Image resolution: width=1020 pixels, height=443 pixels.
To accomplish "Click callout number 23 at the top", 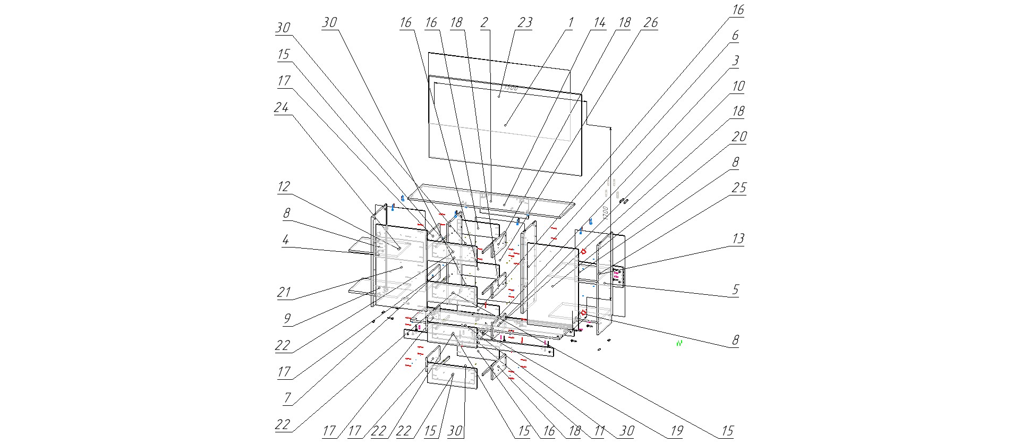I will [525, 22].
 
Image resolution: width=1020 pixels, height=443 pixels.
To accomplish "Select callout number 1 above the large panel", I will [571, 22].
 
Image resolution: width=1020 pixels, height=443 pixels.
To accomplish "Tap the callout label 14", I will [599, 22].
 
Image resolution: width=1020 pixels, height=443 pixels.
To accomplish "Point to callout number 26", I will [650, 22].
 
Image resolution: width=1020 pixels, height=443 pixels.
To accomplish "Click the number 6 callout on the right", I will [735, 36].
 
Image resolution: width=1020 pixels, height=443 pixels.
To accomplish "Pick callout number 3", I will [735, 61].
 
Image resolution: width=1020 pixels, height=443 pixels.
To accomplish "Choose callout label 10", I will [738, 86].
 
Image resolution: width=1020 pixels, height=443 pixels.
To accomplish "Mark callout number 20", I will [739, 137].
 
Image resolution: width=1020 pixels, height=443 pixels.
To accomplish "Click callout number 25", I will [739, 188].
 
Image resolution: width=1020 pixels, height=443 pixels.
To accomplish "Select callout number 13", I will [738, 238].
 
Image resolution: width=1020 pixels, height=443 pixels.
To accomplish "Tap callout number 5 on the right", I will [735, 289].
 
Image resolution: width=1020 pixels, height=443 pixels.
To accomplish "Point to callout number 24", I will [281, 108].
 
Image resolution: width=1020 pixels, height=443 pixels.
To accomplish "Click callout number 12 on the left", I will [284, 186].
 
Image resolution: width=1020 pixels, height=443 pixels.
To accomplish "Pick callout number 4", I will [285, 240].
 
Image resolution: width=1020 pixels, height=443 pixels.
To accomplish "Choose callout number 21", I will [284, 292].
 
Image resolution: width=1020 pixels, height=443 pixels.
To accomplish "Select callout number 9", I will [287, 319].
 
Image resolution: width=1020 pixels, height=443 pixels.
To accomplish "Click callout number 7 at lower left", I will [287, 397].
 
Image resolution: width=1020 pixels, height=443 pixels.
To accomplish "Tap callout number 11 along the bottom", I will [599, 431].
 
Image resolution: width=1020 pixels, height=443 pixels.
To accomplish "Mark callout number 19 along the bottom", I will [676, 431].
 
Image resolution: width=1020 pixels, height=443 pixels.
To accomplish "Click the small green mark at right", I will [679, 344].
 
